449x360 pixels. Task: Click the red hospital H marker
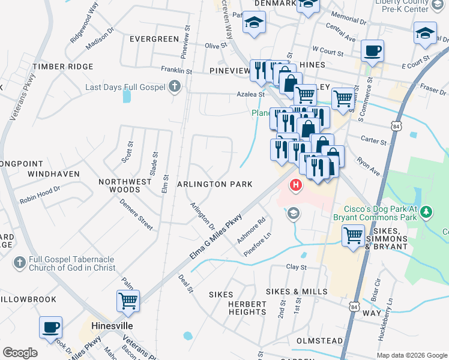[x=296, y=185]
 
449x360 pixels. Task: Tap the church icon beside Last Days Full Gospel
[x=175, y=88]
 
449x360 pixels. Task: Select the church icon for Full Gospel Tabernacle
[x=19, y=262]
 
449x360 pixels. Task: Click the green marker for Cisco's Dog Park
[x=426, y=211]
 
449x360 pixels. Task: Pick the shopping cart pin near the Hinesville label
[x=128, y=301]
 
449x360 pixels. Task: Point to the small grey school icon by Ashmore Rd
[x=293, y=212]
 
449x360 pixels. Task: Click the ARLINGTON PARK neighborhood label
[x=214, y=184]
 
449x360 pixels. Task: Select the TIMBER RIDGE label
[x=63, y=67]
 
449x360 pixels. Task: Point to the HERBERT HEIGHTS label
[x=247, y=308]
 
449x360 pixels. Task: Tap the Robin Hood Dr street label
[x=40, y=193]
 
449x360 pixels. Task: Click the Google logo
[x=20, y=353]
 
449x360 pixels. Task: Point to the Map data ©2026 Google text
[x=411, y=355]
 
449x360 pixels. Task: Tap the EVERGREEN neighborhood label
[x=154, y=39]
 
